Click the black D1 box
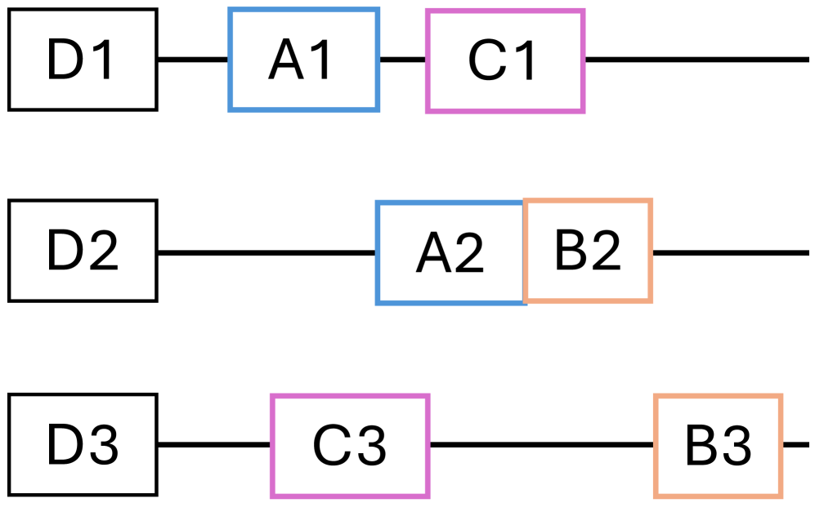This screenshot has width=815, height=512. pos(83,60)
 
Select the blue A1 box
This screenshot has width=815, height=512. pos(303,60)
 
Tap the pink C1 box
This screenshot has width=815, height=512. pos(505,60)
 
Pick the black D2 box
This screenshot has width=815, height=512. pos(83,252)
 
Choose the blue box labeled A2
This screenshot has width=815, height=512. pos(450,252)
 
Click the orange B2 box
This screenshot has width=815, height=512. pos(588,251)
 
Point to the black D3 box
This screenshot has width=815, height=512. pos(83,445)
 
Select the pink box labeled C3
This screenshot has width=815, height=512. pos(350,445)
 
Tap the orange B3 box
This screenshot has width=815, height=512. pos(718,445)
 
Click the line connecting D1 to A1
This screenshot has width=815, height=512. pos(193,60)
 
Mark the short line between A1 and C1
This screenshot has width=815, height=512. pos(402,60)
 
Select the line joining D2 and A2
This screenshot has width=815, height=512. pos(266,252)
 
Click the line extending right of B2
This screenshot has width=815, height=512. pos(730,252)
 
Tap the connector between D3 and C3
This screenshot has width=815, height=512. pos(214,445)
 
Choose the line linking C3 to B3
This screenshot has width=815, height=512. pos(541,445)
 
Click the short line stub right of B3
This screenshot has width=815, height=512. pos(797,445)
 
